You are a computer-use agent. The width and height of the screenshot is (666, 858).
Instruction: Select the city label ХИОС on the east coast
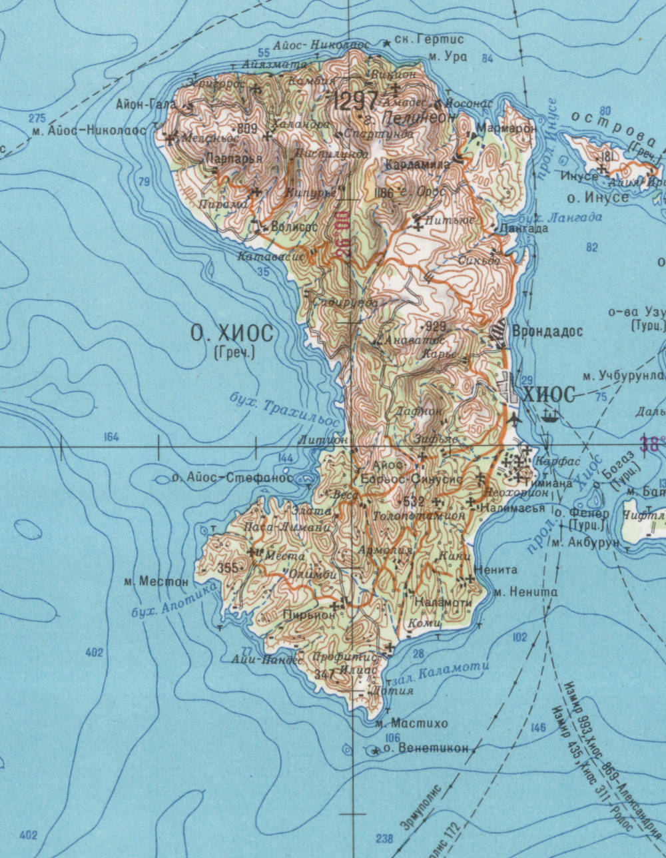click(x=549, y=395)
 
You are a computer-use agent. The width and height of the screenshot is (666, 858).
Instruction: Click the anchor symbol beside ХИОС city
click(x=551, y=416)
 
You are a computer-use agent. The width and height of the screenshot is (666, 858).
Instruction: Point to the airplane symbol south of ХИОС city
click(x=515, y=420)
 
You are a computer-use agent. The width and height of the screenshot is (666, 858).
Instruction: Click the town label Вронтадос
click(x=547, y=331)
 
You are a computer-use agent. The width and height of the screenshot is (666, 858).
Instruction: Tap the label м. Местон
click(x=157, y=582)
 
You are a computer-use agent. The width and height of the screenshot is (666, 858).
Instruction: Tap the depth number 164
click(x=111, y=437)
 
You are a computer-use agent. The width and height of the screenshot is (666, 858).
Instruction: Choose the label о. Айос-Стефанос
click(x=232, y=477)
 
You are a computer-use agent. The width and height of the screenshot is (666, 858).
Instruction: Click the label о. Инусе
click(x=597, y=198)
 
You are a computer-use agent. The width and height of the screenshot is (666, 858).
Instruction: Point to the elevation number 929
click(x=435, y=326)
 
